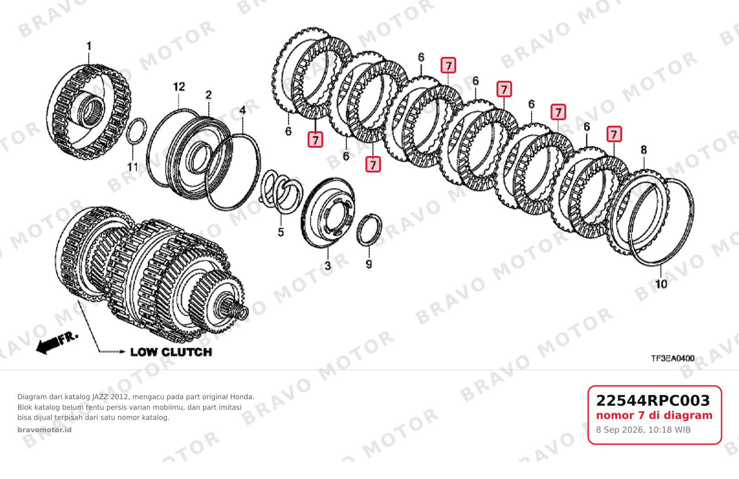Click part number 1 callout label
89,46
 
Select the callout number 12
179,87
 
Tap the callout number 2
209,95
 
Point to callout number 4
243,110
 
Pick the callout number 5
281,233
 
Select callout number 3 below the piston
328,266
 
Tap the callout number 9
369,264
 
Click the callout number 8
644,150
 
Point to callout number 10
661,284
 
